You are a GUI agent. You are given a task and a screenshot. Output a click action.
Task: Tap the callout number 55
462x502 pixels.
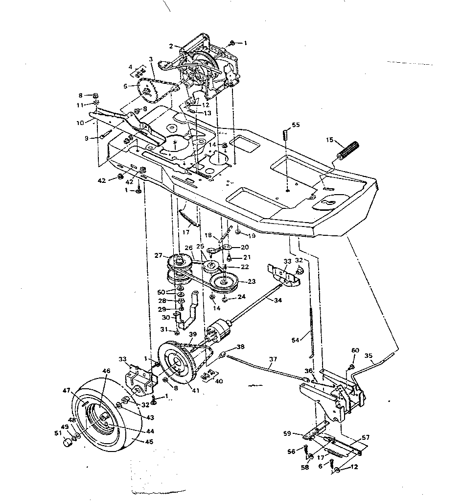tap(296, 125)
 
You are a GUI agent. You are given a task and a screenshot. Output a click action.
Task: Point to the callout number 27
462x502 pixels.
tap(158, 255)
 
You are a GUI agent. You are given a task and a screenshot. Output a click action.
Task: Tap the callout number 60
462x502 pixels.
tap(355, 350)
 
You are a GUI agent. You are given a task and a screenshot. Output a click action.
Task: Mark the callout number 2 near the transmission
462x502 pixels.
tap(171, 46)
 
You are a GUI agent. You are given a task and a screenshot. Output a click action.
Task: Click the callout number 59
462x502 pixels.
tap(288, 433)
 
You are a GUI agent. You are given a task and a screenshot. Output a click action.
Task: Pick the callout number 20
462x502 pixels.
tap(245, 247)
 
